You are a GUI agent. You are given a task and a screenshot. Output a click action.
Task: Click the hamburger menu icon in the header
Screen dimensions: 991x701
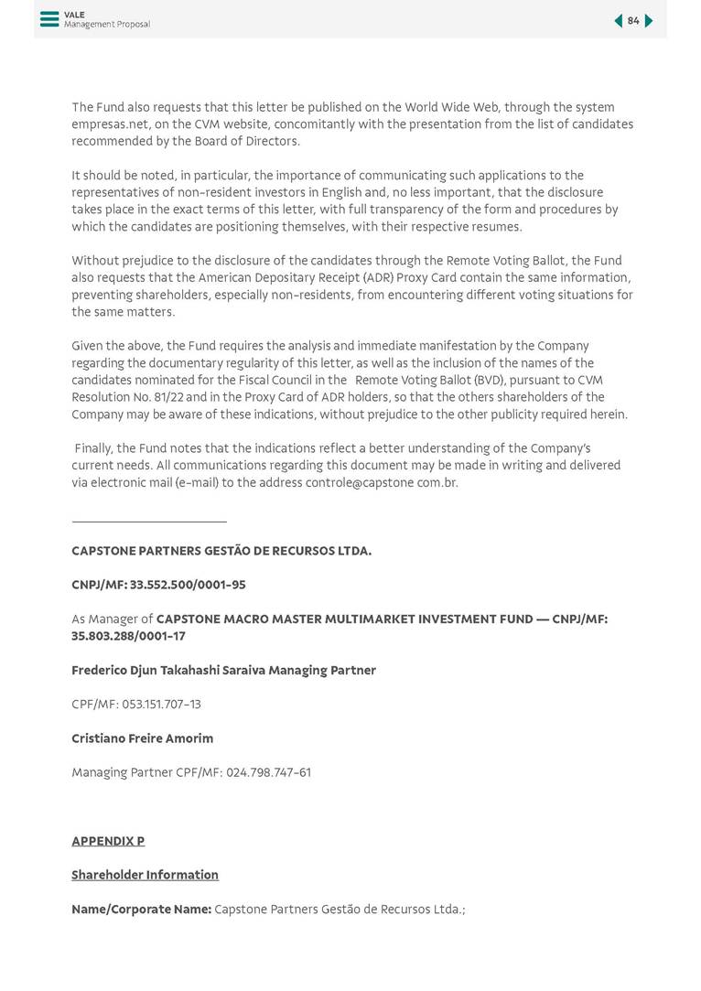49,19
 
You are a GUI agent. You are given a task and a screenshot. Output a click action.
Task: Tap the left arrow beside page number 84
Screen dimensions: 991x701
618,21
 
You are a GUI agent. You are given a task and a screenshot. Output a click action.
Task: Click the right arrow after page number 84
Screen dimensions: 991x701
649,21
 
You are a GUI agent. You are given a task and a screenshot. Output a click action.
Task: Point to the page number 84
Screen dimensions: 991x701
633,21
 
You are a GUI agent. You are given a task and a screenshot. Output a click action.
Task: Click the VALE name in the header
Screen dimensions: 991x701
74,15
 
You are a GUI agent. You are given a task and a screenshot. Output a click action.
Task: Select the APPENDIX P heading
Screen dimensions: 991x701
108,841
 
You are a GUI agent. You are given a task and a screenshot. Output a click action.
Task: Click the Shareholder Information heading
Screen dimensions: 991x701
145,875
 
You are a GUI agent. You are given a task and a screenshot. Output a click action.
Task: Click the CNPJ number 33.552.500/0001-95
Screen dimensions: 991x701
188,585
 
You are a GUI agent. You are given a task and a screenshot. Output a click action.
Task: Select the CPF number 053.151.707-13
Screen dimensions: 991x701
161,705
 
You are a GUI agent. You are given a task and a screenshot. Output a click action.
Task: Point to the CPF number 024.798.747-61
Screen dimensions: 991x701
268,772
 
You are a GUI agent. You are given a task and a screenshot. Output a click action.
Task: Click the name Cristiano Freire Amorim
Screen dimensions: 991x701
142,738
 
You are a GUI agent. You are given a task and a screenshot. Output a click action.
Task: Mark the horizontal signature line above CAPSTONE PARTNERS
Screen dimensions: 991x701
148,522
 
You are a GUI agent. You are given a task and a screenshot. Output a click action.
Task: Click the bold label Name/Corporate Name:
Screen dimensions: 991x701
141,910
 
